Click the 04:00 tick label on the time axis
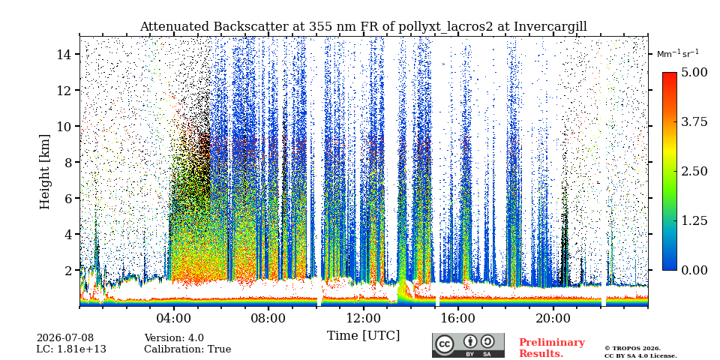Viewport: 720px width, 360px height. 174,318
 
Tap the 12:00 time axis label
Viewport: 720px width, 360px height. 364,318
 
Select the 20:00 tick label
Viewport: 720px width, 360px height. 553,318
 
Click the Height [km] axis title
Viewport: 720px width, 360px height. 44,172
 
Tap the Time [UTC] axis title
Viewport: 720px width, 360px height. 363,336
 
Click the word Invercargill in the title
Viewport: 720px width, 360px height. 550,27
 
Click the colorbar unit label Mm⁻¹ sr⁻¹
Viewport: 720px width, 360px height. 678,54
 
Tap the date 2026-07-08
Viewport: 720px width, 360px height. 64,338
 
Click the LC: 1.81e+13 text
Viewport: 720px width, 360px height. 71,349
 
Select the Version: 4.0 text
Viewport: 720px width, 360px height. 174,338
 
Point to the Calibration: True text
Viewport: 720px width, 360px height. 187,349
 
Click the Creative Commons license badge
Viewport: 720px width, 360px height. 468,345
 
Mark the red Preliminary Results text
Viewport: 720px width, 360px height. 552,347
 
